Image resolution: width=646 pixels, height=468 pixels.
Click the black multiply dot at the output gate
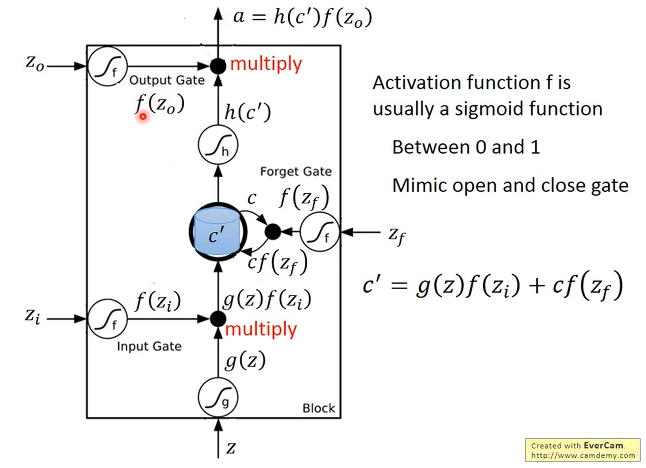[x=218, y=66]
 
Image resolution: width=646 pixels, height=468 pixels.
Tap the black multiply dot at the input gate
[x=218, y=319]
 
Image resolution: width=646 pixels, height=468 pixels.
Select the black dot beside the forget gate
[x=273, y=232]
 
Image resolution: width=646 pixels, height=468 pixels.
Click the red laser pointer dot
[x=143, y=116]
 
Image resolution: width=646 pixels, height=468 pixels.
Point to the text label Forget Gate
[x=296, y=172]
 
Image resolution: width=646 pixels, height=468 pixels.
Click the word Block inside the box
[x=319, y=408]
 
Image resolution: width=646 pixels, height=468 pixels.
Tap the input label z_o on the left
[x=35, y=64]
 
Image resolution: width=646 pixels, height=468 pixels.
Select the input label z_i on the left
[x=33, y=316]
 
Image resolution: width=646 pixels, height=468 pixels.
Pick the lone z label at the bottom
[x=231, y=448]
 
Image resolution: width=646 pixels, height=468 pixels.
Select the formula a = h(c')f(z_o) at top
[x=302, y=18]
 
